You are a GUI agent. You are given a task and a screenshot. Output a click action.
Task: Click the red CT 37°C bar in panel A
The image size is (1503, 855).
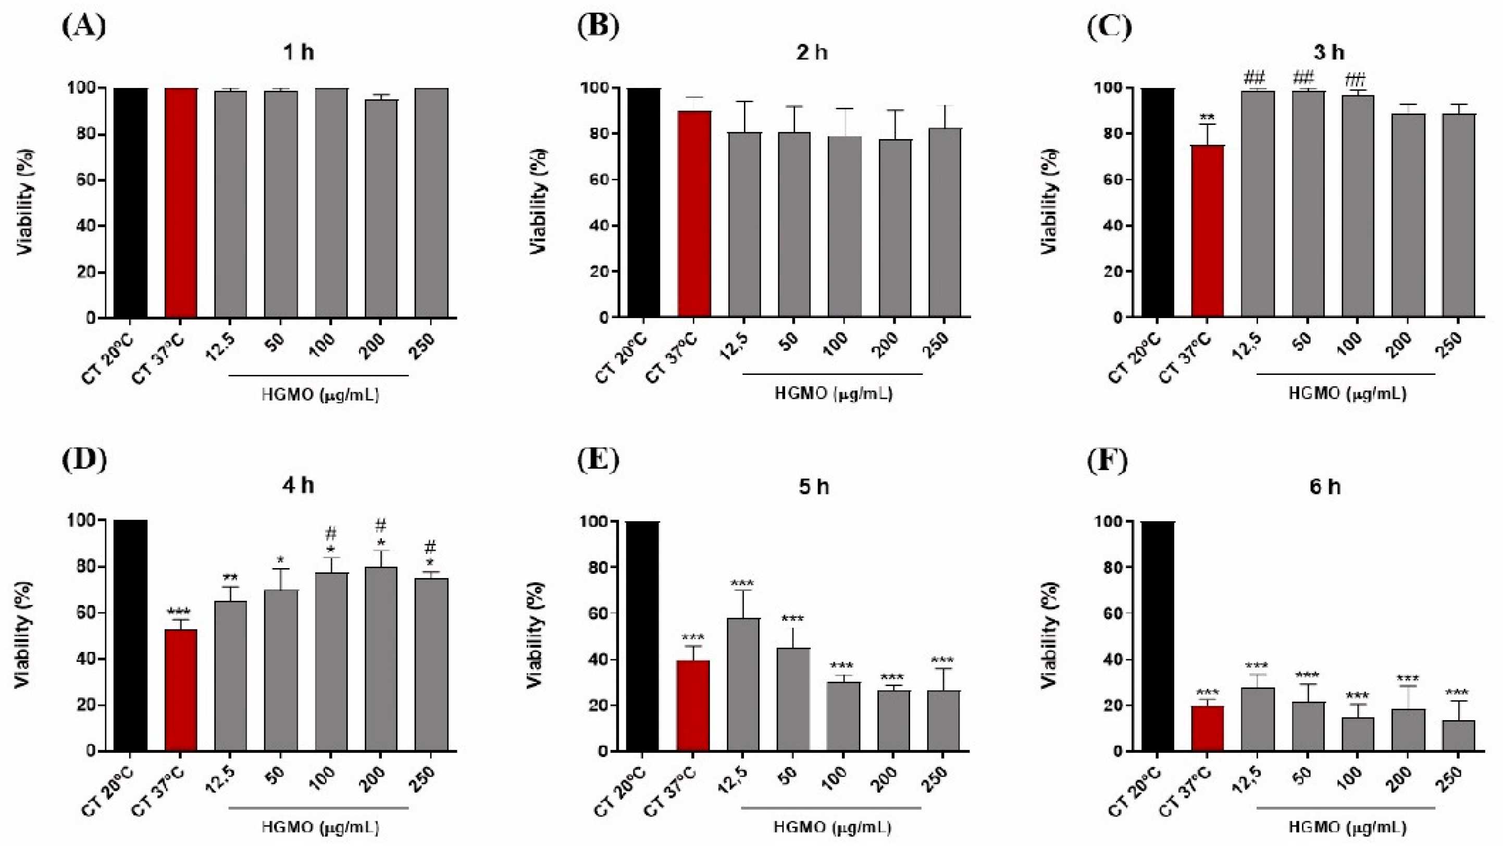coord(181,203)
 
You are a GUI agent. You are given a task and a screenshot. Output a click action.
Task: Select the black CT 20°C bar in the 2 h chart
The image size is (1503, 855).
coord(644,203)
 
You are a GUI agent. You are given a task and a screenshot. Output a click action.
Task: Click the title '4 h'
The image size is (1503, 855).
coord(299,486)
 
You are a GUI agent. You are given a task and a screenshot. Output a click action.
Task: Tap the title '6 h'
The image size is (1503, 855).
coord(1325,487)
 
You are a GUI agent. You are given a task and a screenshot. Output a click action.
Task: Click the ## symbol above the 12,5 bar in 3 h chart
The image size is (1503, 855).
coord(1258,77)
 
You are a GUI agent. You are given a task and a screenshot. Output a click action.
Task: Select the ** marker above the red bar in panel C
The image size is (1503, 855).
coord(1208,116)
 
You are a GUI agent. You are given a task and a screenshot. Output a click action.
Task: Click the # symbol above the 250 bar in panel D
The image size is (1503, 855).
coord(430,547)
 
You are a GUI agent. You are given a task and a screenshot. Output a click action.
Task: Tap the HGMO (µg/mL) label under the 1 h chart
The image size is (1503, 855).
coord(320,395)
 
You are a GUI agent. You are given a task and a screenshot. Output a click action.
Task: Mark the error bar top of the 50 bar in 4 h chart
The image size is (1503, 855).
coord(281,569)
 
